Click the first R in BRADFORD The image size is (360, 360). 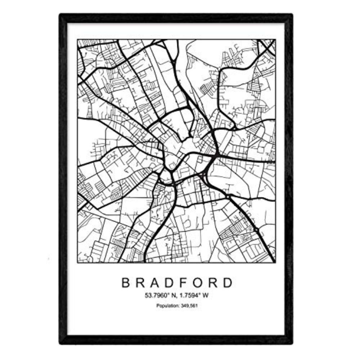pyautogui.click(x=140, y=283)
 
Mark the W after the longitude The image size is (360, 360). pyautogui.click(x=207, y=296)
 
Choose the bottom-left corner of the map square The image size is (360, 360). pyautogui.click(x=77, y=262)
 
